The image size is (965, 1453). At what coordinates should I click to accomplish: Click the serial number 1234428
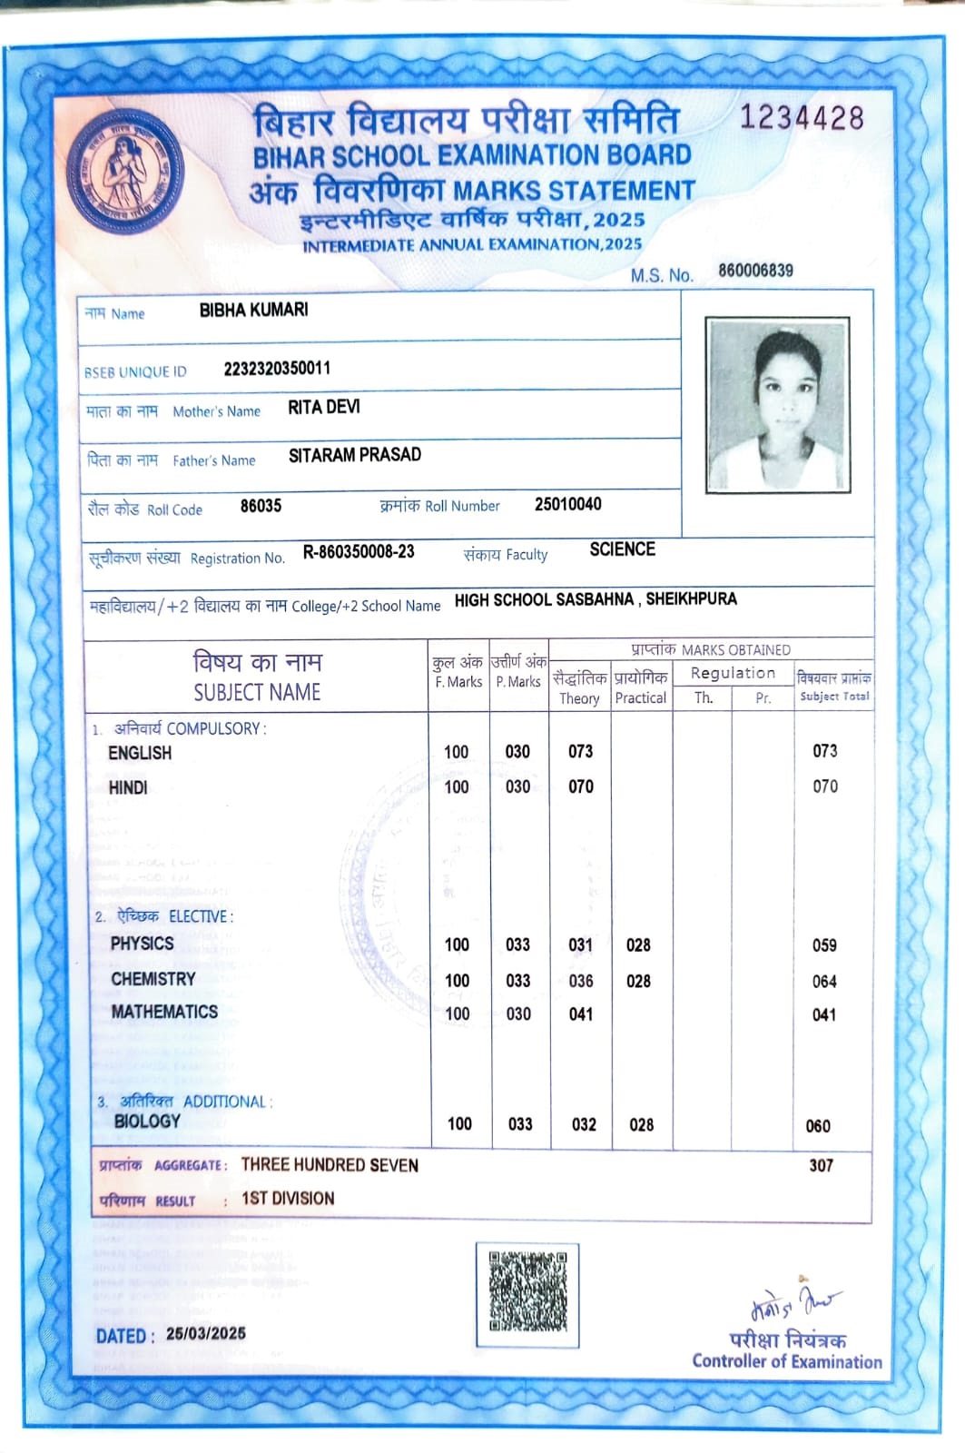pos(802,118)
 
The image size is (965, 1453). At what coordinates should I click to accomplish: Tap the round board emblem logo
pos(125,172)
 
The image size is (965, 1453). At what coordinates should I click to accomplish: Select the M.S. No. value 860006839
pos(755,271)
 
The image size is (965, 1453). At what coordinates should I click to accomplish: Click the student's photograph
pos(778,405)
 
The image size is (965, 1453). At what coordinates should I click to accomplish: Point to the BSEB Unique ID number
pos(277,368)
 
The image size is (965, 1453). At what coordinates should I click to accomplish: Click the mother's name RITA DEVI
pos(324,408)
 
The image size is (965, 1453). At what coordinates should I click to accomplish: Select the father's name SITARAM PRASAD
pos(355,455)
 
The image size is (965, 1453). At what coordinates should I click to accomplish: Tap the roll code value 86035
pos(261,506)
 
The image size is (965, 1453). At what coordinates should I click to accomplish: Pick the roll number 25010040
pos(567,504)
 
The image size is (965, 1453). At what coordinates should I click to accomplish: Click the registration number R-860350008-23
pos(359,552)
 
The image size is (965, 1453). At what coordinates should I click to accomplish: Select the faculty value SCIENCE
pos(622,549)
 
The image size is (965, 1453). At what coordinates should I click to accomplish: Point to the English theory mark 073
pos(580,751)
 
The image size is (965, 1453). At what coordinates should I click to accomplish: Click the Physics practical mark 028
pos(638,945)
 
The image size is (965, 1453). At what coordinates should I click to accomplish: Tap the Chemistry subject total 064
pos(824,982)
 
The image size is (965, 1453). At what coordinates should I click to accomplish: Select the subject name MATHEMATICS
pos(164,1012)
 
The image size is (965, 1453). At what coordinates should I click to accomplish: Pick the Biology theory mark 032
pos(584,1124)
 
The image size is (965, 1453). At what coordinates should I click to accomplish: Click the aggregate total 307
pos(821,1165)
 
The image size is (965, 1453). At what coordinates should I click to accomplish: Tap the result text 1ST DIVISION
pos(288,1199)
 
